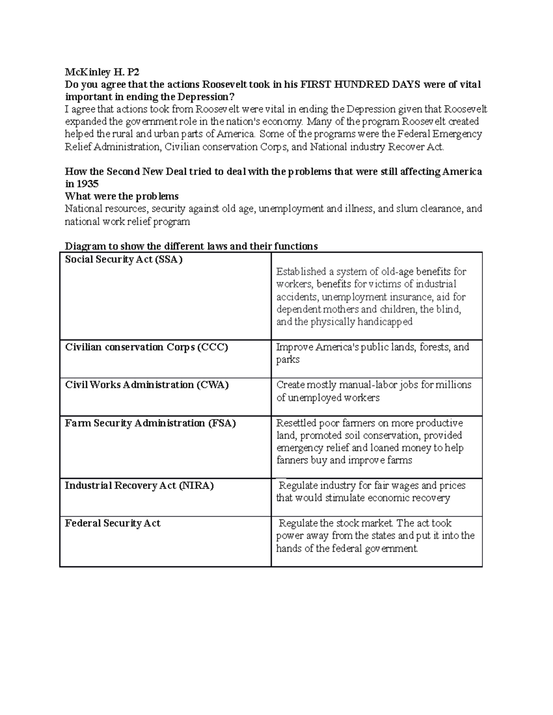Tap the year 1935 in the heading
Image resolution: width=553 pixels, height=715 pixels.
pos(88,184)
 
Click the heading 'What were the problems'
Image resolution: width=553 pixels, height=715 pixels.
pos(122,196)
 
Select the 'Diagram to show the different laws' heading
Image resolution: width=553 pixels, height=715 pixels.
pos(191,246)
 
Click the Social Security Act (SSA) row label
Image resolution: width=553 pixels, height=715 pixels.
pos(124,259)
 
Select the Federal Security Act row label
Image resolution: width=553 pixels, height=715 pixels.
pos(112,523)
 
